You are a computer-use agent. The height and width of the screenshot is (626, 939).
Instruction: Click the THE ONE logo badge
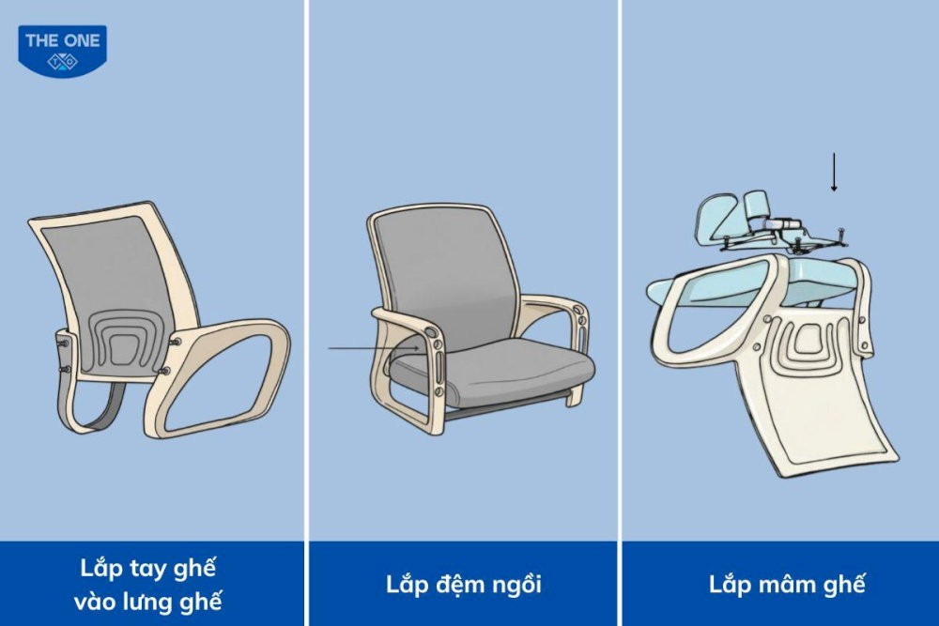(62, 51)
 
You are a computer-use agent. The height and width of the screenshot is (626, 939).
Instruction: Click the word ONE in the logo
(82, 40)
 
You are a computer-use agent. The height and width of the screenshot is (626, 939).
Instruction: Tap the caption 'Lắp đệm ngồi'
(464, 585)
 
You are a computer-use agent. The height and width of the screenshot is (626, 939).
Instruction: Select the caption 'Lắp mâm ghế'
(787, 585)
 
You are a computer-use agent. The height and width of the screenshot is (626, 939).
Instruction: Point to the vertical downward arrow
(834, 173)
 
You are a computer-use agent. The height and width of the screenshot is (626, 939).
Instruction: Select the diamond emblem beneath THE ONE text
(62, 62)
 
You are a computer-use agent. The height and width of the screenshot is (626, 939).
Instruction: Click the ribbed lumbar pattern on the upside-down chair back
(809, 341)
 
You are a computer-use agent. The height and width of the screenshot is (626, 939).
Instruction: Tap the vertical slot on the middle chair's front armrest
(440, 366)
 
